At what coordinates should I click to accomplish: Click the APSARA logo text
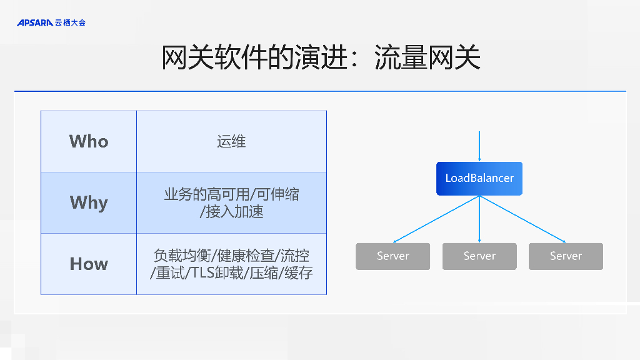[34, 22]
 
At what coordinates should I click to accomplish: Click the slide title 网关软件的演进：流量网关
[321, 58]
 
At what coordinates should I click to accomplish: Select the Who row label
[89, 141]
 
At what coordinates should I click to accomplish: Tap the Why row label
[89, 202]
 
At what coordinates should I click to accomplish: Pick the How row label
[89, 264]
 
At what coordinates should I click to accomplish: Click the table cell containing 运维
[231, 141]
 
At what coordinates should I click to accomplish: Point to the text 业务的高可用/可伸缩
[231, 194]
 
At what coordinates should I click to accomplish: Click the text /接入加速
[231, 212]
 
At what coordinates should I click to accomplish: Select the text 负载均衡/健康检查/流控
[231, 256]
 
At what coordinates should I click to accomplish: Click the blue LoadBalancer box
[479, 178]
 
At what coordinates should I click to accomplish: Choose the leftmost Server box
[392, 256]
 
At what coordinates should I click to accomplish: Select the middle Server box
[479, 256]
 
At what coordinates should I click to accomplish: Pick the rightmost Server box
[566, 256]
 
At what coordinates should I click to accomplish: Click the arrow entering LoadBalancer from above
[479, 147]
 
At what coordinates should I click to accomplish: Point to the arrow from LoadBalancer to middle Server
[479, 219]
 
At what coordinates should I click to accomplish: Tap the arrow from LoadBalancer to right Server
[522, 219]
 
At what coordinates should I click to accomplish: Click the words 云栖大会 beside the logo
[70, 22]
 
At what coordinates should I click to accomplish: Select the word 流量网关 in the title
[427, 58]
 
